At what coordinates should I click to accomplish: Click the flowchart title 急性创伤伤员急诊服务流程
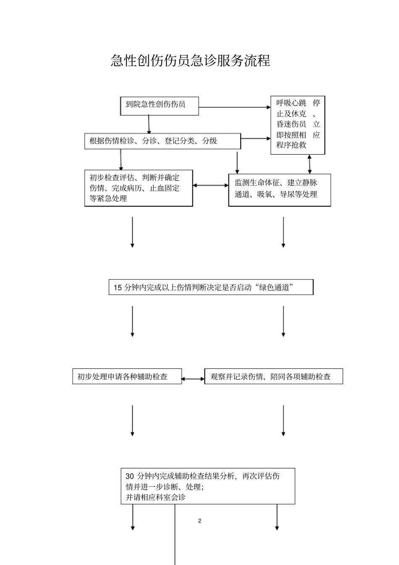pos(190,60)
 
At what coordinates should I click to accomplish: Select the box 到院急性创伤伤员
pos(160,106)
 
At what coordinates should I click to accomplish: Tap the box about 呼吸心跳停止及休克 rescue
pos(297,124)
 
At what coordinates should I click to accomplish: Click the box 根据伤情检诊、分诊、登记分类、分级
pos(163,141)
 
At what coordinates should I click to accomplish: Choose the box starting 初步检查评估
pos(138,188)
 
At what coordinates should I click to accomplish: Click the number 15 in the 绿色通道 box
pos(118,288)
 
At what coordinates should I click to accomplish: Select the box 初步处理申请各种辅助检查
pos(127,377)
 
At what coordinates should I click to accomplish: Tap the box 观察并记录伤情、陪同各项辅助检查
pos(273,377)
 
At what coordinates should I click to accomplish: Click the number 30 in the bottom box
pos(130,476)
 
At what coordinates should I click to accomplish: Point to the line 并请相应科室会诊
pos(155,497)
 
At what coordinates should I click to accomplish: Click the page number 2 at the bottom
pos(199,521)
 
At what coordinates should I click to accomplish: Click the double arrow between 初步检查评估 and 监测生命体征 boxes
pos(210,185)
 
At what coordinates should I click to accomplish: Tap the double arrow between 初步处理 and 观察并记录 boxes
pos(193,379)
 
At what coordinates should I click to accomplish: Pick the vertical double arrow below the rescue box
pos(310,164)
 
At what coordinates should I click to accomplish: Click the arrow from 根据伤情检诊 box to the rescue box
pos(255,138)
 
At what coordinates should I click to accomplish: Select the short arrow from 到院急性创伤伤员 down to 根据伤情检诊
pos(149,125)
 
